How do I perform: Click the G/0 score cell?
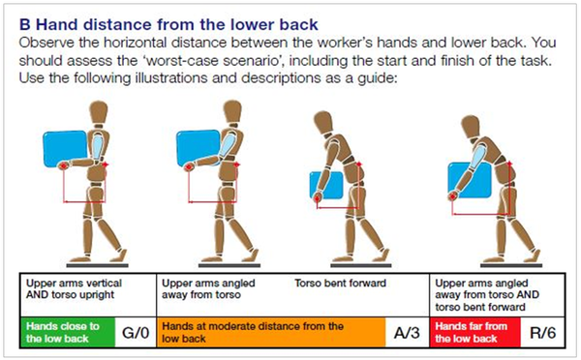[136, 332]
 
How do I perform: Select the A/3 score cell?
[408, 332]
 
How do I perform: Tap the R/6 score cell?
[543, 332]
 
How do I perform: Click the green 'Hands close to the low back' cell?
[68, 332]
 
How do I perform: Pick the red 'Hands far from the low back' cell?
[475, 332]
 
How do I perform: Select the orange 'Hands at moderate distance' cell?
[271, 332]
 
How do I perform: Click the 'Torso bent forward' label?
[340, 284]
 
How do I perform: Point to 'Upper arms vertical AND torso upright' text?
[74, 289]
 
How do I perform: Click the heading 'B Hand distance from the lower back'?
[168, 25]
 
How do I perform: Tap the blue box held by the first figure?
[65, 149]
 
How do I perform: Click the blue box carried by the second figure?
[198, 148]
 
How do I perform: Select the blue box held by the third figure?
[326, 185]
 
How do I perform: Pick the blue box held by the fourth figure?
[470, 180]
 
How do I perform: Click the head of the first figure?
[99, 112]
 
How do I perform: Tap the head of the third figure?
[322, 122]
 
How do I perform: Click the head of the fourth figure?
[471, 127]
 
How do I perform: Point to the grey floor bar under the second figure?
[229, 265]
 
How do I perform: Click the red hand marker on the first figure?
[64, 165]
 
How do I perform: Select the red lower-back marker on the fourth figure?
[509, 163]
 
